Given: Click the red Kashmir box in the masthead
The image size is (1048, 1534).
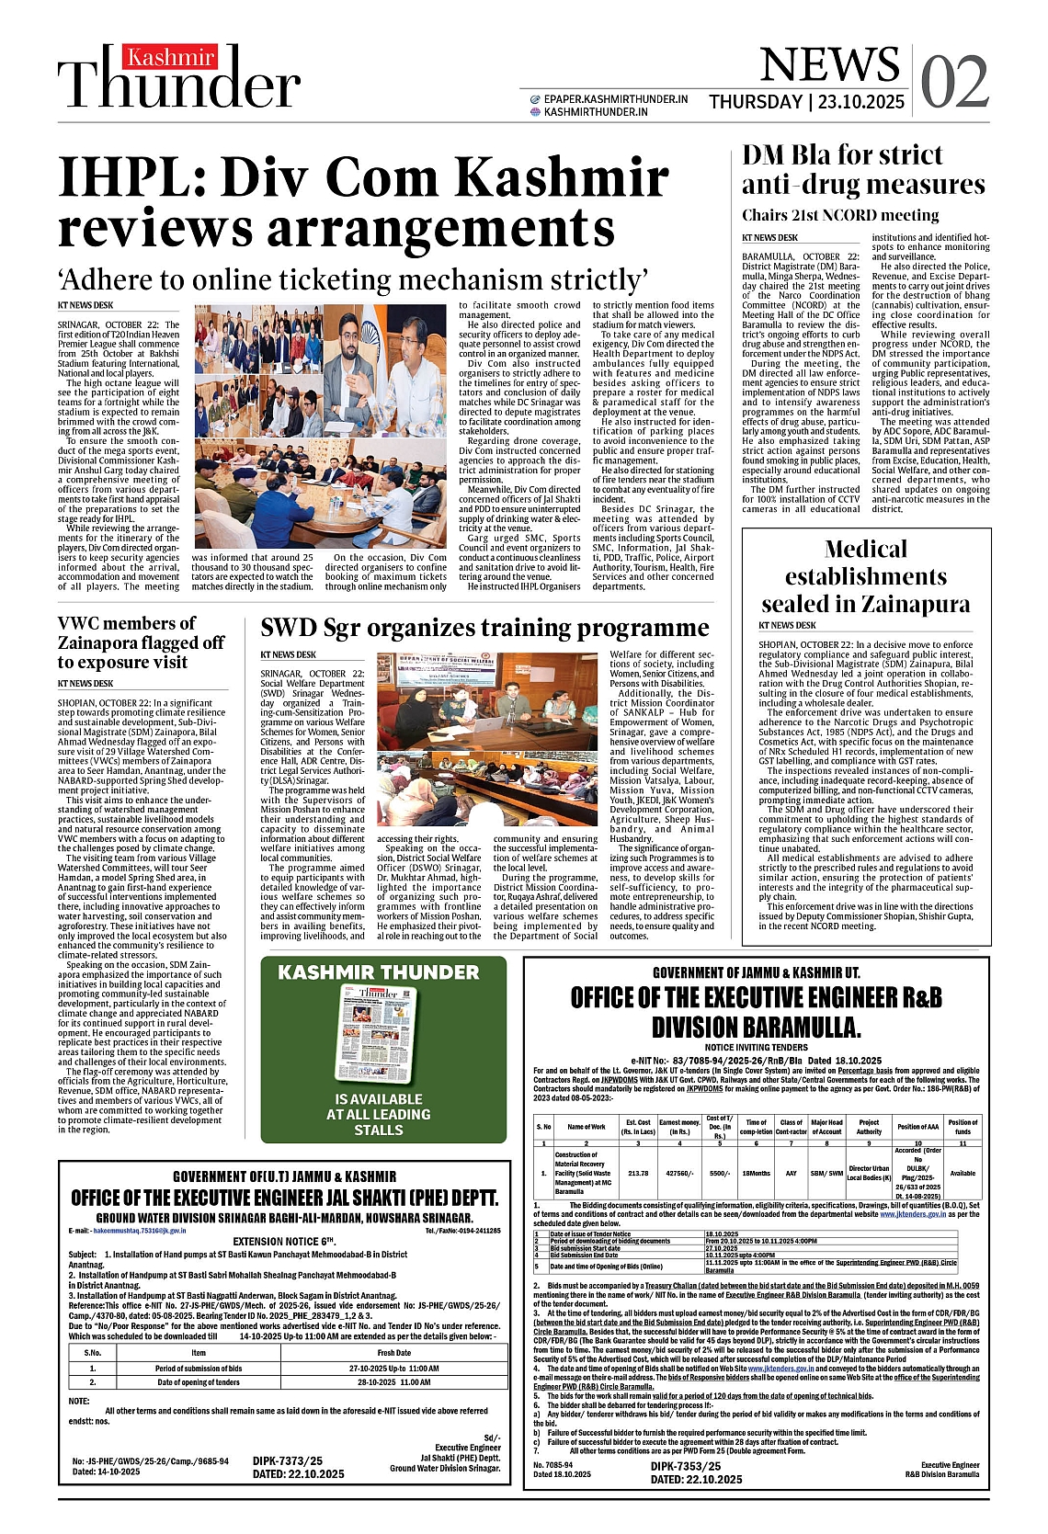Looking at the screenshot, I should coord(172,57).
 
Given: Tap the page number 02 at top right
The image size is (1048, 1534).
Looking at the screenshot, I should coord(954,83).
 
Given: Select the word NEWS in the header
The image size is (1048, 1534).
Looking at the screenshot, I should coord(829,64).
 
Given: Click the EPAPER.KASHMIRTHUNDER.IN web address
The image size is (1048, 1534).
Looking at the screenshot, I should coord(615,98).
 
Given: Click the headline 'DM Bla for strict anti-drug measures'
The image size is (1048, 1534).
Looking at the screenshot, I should coord(862,170).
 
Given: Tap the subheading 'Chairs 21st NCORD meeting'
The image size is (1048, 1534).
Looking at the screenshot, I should coord(840,215).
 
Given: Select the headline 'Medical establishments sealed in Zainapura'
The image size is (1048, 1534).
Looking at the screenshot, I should coord(865,576).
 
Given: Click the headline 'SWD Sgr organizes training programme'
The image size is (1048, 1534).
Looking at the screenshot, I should coord(484,628).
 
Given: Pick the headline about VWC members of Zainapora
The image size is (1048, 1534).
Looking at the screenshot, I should coord(141,642).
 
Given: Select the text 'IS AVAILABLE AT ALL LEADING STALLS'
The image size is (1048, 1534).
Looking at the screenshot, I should coord(379,1114).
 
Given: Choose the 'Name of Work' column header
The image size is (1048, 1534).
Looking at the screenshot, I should coord(586,1126).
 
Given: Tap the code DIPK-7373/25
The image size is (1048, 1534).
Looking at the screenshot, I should coord(288,1460).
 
